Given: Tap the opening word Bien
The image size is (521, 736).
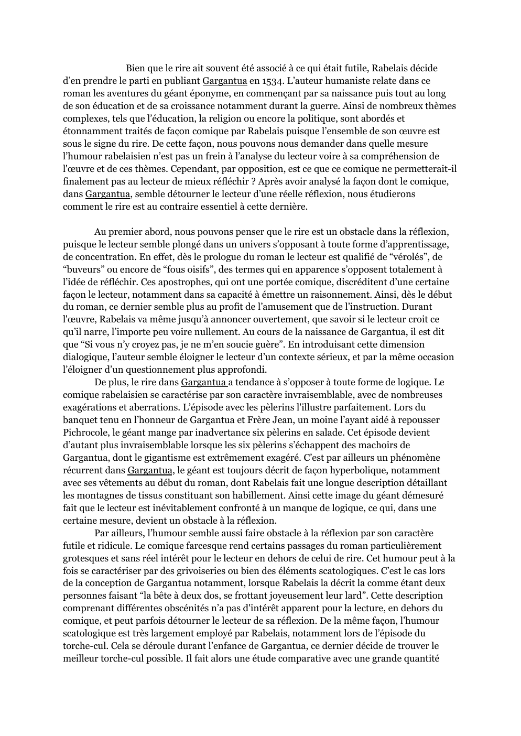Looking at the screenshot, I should point(135,68).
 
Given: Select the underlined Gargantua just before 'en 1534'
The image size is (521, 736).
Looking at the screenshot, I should point(224,81).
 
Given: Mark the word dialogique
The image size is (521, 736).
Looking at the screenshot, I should point(83,357).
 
